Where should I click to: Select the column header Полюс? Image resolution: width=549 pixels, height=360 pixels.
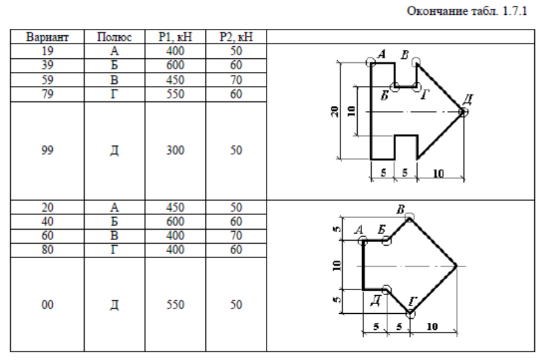point(114,38)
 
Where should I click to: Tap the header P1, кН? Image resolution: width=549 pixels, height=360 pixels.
point(175,38)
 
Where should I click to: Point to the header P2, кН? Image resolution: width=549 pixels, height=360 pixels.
point(236,38)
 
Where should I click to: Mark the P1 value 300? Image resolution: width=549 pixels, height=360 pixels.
point(175,152)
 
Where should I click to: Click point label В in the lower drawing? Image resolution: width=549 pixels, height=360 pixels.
point(401,210)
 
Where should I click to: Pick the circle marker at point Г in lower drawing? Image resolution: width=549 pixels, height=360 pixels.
point(411,314)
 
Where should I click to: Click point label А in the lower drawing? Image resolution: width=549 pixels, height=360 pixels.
point(358,230)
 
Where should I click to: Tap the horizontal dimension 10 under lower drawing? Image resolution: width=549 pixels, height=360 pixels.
point(433,326)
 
